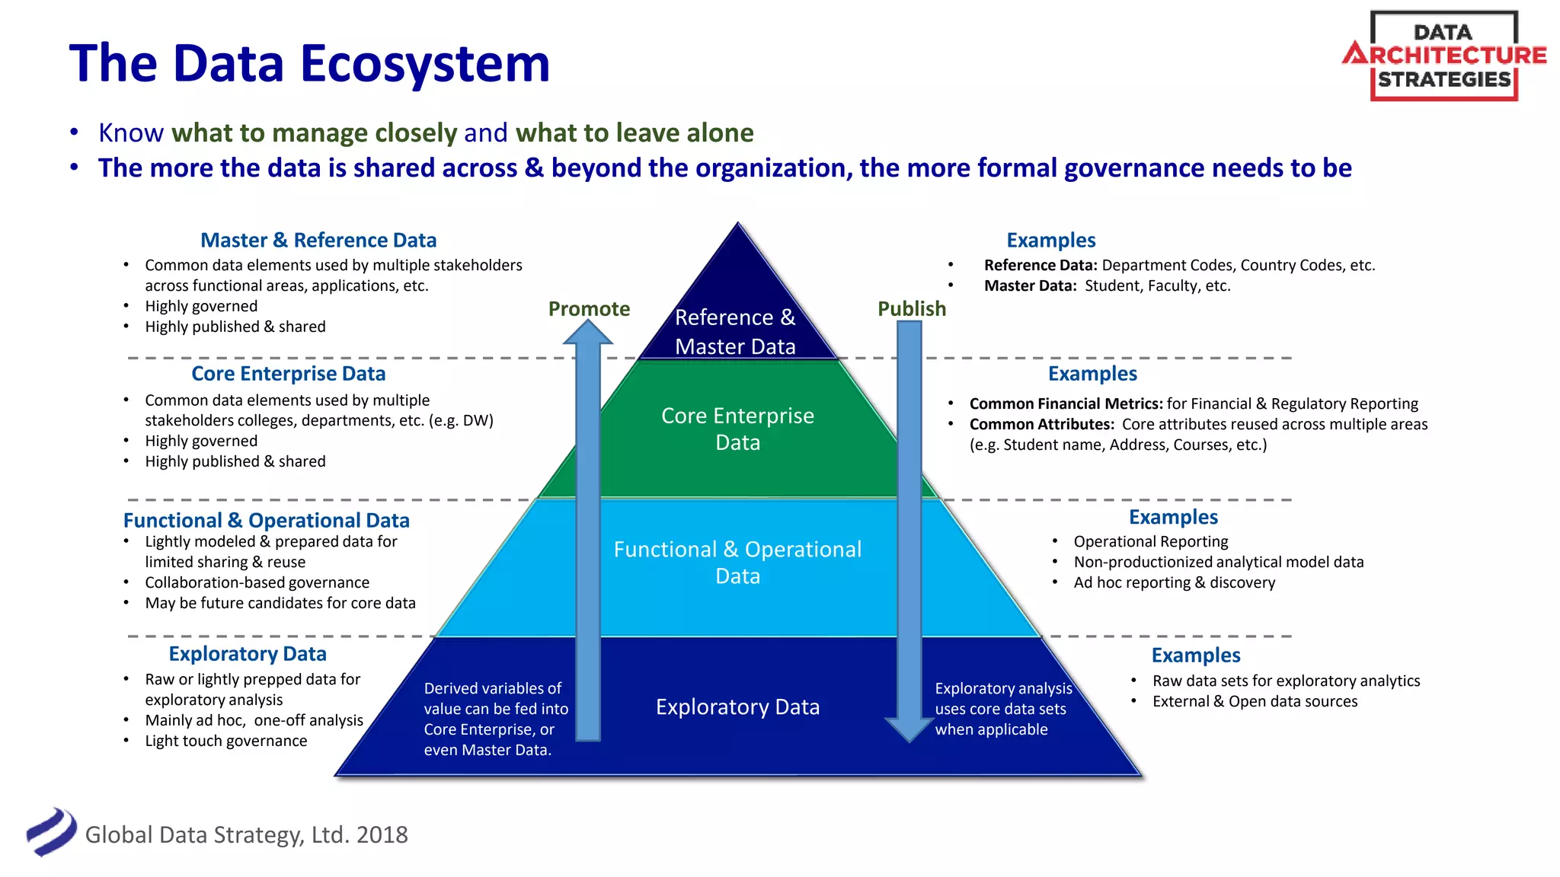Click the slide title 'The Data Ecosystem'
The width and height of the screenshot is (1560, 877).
[309, 63]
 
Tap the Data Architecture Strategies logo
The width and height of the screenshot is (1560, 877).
[1444, 56]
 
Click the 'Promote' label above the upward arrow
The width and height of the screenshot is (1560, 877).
[589, 308]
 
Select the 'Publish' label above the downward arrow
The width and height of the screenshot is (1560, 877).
[912, 308]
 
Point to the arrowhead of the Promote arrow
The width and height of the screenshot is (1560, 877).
[588, 333]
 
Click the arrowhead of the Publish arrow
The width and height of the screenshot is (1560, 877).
[909, 729]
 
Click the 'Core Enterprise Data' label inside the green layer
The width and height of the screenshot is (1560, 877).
[737, 429]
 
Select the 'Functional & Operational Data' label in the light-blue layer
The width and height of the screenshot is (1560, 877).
[737, 562]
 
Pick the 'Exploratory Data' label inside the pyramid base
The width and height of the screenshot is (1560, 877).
[737, 706]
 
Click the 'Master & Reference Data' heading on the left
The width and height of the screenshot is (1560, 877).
[318, 240]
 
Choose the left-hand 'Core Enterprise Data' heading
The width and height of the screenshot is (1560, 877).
[288, 373]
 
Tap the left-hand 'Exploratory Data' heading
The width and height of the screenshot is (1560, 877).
[248, 653]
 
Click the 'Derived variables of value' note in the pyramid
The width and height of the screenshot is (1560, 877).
[495, 719]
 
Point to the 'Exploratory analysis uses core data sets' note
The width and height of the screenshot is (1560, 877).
[1002, 709]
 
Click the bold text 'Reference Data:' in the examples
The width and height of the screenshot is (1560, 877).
[1041, 265]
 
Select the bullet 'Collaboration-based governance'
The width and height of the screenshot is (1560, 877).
[257, 582]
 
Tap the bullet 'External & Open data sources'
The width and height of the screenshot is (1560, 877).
[1255, 701]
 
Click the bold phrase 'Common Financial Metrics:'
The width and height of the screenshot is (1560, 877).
[1066, 403]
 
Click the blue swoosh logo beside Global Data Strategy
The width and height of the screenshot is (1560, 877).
[52, 831]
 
